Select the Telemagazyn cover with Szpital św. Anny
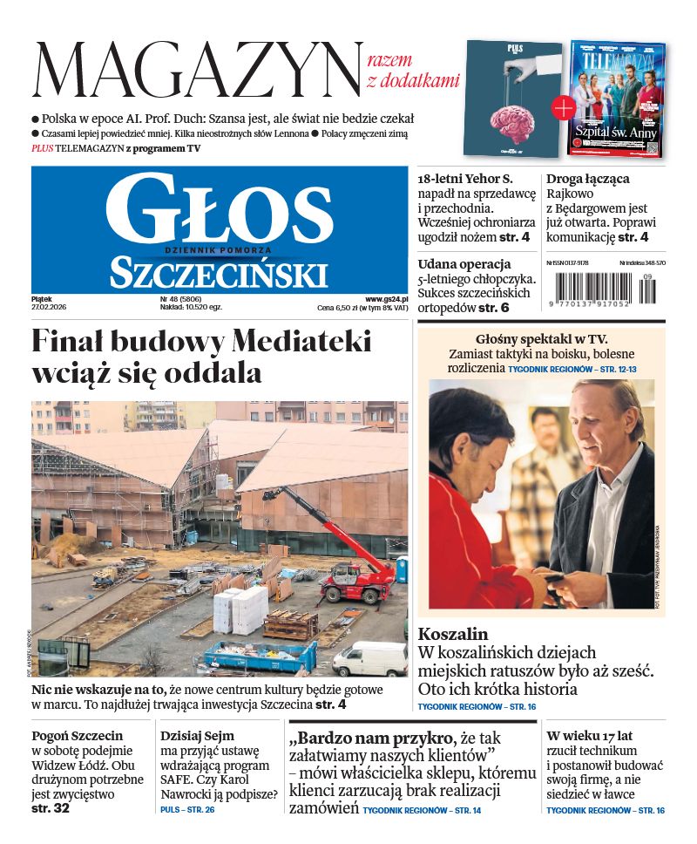pyautogui.click(x=618, y=98)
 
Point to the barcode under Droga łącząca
pyautogui.click(x=605, y=289)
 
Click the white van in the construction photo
pyautogui.click(x=369, y=660)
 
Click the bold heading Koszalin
pyautogui.click(x=453, y=635)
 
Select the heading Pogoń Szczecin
pyautogui.click(x=78, y=735)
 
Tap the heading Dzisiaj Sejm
pyautogui.click(x=197, y=735)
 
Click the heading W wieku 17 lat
pyautogui.click(x=589, y=735)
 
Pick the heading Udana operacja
pyautogui.click(x=464, y=263)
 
